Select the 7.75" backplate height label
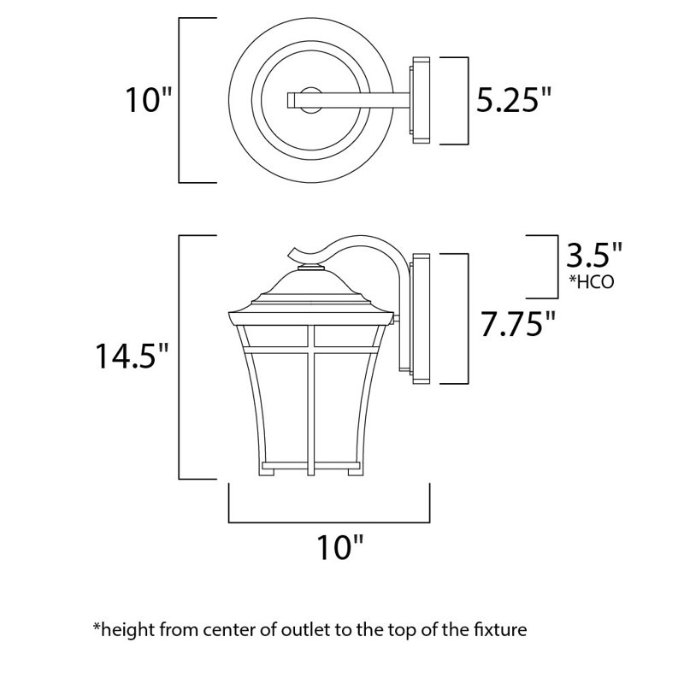[x=521, y=325]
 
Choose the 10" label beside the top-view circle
[x=146, y=101]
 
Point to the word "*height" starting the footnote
[x=120, y=631]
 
